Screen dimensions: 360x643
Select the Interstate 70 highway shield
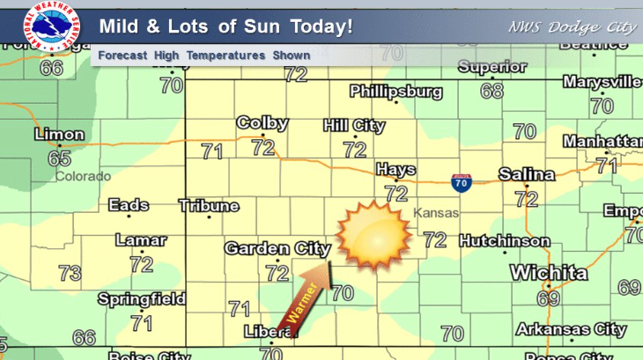[x=460, y=182]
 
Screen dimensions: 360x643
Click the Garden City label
[x=277, y=249]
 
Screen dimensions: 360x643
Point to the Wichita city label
[x=548, y=273]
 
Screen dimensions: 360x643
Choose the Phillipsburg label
[x=395, y=92]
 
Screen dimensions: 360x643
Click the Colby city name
[x=262, y=123]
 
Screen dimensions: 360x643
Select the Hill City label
[x=354, y=126]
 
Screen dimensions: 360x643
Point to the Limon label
[x=59, y=136]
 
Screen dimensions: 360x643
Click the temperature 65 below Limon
[x=59, y=158]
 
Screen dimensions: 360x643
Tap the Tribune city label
[x=209, y=206]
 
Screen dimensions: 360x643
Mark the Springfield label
[x=141, y=299]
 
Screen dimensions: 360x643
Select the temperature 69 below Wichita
[x=548, y=299]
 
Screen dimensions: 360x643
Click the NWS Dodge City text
[x=572, y=26]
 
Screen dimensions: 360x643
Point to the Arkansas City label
[x=571, y=330]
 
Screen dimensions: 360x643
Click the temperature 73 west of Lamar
[x=70, y=273]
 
